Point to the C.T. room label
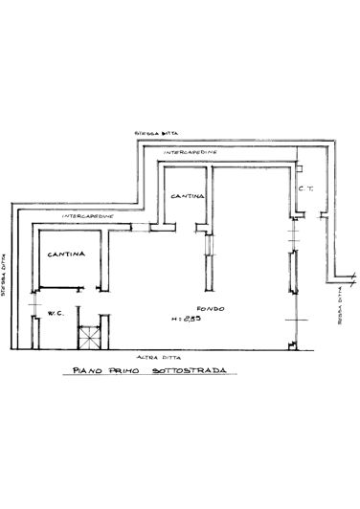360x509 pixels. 304,188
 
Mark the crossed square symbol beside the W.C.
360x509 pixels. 89,336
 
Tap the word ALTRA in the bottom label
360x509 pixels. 143,355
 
